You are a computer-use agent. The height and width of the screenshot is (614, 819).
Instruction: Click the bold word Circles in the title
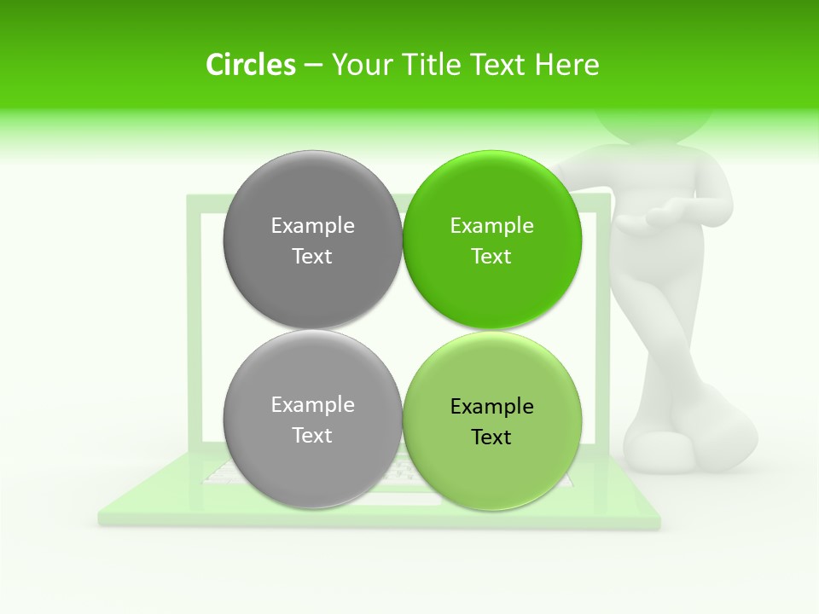[250, 65]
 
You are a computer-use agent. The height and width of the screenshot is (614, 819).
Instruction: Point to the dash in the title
[313, 66]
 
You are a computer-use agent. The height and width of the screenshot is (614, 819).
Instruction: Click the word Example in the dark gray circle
[312, 226]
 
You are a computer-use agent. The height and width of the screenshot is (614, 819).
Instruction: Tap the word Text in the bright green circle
[491, 257]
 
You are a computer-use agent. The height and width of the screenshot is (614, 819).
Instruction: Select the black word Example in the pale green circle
[491, 407]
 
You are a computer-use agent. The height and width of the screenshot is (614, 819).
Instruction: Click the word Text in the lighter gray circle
[312, 436]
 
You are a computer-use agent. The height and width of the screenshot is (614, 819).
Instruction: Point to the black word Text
[491, 437]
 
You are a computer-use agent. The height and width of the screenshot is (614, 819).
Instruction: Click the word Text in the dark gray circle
[312, 257]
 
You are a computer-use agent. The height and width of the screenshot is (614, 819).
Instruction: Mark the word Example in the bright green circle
[491, 226]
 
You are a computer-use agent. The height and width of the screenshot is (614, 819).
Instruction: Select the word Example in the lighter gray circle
[312, 405]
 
